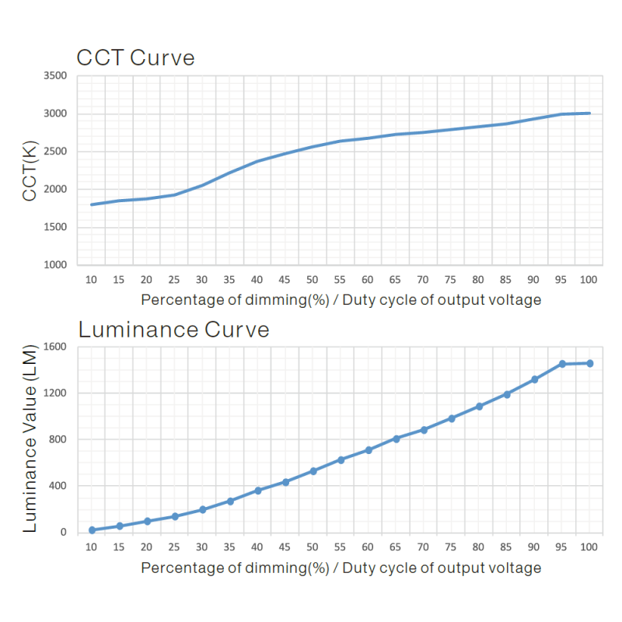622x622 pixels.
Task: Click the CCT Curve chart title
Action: click(135, 58)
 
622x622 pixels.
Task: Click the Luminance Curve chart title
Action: click(174, 330)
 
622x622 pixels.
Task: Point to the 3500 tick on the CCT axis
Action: click(55, 76)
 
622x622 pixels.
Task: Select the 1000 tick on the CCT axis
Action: click(55, 265)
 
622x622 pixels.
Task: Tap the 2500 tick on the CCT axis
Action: click(55, 152)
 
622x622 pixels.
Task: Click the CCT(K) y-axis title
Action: click(30, 170)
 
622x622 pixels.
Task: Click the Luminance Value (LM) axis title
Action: click(30, 439)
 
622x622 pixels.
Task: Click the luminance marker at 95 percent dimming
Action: click(562, 364)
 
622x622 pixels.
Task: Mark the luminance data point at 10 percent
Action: click(92, 530)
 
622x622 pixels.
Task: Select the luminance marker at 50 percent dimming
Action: click(313, 471)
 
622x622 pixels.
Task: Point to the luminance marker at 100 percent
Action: click(589, 363)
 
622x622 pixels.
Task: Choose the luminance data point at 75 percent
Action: click(452, 418)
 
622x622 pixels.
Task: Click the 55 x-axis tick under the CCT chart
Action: click(341, 280)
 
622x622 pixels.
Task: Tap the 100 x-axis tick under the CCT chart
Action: click(589, 280)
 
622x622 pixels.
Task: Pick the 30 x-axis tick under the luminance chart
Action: click(202, 547)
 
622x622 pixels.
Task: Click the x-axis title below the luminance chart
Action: click(341, 568)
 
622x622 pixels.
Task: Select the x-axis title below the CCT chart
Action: click(341, 300)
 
